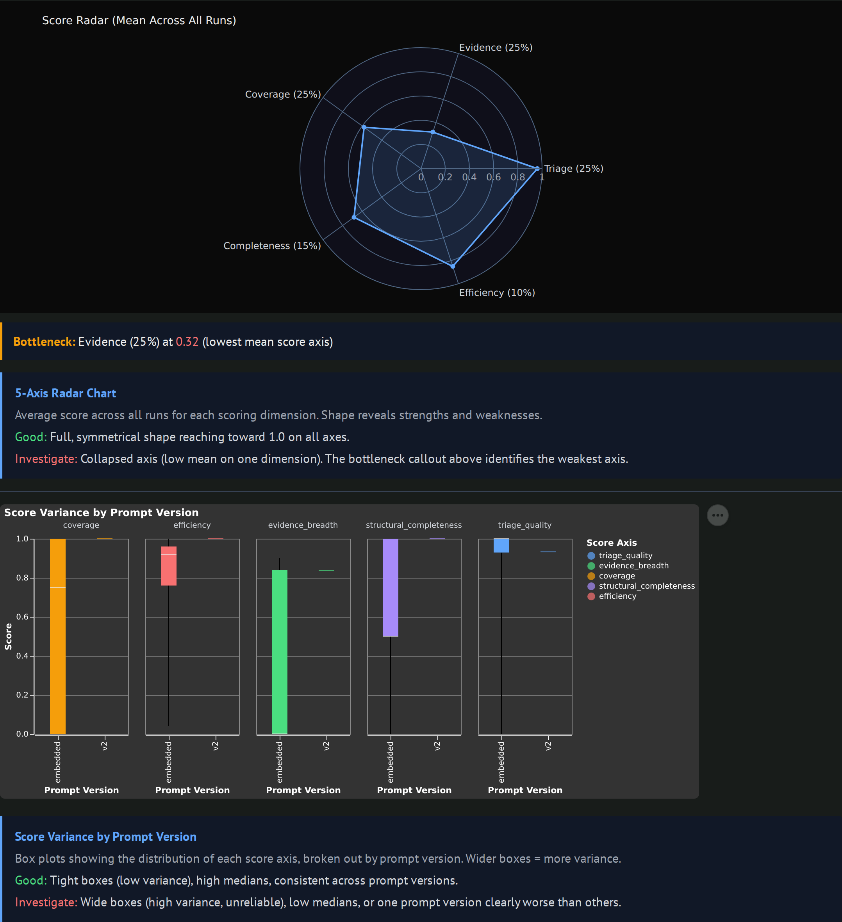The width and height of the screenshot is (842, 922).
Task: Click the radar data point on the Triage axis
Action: (x=537, y=169)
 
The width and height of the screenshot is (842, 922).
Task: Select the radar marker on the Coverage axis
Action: (x=364, y=127)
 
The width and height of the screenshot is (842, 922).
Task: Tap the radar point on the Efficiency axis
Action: (x=453, y=266)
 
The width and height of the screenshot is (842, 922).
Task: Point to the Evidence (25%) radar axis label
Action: (x=496, y=48)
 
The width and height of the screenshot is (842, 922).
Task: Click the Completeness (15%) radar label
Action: (x=272, y=246)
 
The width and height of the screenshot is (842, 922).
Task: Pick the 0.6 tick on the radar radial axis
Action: (x=493, y=177)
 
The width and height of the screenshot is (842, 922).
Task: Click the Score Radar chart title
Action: (x=139, y=21)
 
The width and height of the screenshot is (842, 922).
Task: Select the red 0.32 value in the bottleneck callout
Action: (x=187, y=342)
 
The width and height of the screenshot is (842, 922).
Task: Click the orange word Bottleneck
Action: (x=44, y=342)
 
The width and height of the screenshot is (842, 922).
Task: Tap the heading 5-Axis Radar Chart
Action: (x=66, y=393)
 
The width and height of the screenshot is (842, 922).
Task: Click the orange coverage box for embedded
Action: (x=58, y=636)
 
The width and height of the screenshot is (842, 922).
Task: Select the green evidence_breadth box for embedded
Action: (x=280, y=652)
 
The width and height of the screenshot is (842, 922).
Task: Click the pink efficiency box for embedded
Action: (x=168, y=566)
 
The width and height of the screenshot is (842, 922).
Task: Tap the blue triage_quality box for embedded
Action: (x=501, y=545)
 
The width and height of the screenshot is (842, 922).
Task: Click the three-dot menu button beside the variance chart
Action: (x=717, y=515)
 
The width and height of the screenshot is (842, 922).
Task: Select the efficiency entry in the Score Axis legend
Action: (x=617, y=596)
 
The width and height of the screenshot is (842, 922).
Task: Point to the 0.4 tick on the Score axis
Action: (x=22, y=656)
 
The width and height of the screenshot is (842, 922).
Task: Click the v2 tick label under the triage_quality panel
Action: (x=548, y=746)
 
